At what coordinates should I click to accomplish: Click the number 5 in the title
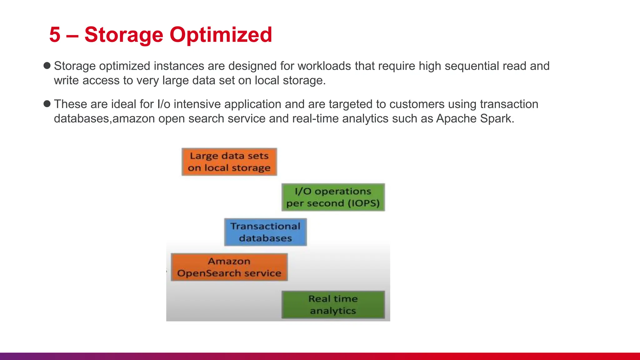[55, 34]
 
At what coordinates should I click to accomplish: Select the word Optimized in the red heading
[221, 35]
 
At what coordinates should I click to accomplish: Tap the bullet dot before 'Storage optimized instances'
[47, 66]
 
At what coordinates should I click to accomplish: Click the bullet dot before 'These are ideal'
[47, 104]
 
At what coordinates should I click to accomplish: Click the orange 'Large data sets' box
[229, 162]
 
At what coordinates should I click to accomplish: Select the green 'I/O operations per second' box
[333, 197]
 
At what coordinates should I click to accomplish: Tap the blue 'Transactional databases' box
[265, 232]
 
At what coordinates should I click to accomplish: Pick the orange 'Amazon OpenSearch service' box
[229, 267]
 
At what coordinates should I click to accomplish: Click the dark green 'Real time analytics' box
[333, 305]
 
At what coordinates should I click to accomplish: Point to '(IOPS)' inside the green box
[363, 203]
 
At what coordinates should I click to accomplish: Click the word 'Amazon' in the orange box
[229, 261]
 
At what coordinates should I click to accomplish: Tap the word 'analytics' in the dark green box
[333, 311]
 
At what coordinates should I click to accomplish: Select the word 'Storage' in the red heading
[124, 35]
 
